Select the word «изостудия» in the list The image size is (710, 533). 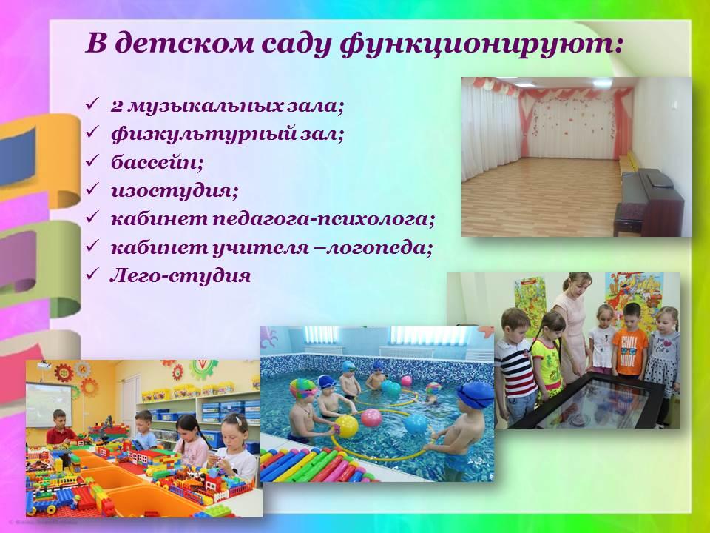(x=175, y=190)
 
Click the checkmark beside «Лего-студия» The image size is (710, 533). (x=92, y=273)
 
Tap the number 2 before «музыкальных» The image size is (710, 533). (x=117, y=107)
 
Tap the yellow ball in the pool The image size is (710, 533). (x=346, y=426)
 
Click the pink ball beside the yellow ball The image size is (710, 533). (x=371, y=418)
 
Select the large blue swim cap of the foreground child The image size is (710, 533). (x=475, y=395)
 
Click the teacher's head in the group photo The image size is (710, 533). (x=578, y=284)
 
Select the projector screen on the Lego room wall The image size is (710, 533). (x=49, y=405)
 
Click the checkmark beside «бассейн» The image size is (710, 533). (x=92, y=161)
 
